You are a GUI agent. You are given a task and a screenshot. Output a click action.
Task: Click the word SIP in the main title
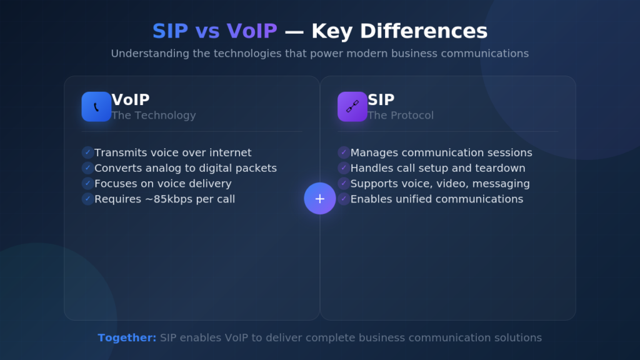171,31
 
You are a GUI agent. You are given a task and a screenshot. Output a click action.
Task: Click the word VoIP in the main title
251,31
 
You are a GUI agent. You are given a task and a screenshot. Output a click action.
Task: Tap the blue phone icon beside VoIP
96,107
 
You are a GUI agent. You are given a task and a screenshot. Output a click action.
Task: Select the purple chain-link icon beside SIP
352,107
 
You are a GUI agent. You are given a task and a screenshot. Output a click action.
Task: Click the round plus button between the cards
320,199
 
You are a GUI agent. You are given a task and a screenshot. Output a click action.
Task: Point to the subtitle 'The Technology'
154,116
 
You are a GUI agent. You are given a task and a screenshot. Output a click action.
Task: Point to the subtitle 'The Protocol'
401,116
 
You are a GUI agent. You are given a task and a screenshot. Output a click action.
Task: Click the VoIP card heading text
131,100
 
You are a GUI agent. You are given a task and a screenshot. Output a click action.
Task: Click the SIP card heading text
381,100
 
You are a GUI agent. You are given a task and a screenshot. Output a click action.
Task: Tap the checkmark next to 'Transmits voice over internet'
87,152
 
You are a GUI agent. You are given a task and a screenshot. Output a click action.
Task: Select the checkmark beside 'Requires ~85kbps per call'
87,199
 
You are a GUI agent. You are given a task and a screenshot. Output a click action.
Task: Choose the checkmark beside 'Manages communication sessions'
344,152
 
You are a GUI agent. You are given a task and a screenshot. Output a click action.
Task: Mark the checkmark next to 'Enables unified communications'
344,199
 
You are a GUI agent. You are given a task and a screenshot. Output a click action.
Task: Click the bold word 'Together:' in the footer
127,338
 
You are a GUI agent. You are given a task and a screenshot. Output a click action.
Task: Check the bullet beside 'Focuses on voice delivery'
87,183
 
